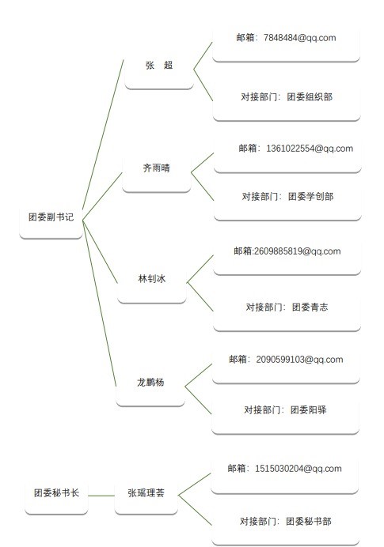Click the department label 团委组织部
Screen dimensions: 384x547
click(x=310, y=97)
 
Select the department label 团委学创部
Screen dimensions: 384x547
click(x=310, y=197)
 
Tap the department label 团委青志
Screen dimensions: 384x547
click(x=310, y=307)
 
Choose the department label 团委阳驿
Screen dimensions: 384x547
click(x=309, y=410)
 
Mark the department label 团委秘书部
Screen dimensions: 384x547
click(x=309, y=522)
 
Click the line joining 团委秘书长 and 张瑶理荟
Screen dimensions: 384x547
click(x=101, y=496)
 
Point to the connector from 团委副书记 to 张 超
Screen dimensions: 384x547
click(x=103, y=134)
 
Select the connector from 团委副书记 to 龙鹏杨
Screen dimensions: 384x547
click(x=100, y=304)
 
